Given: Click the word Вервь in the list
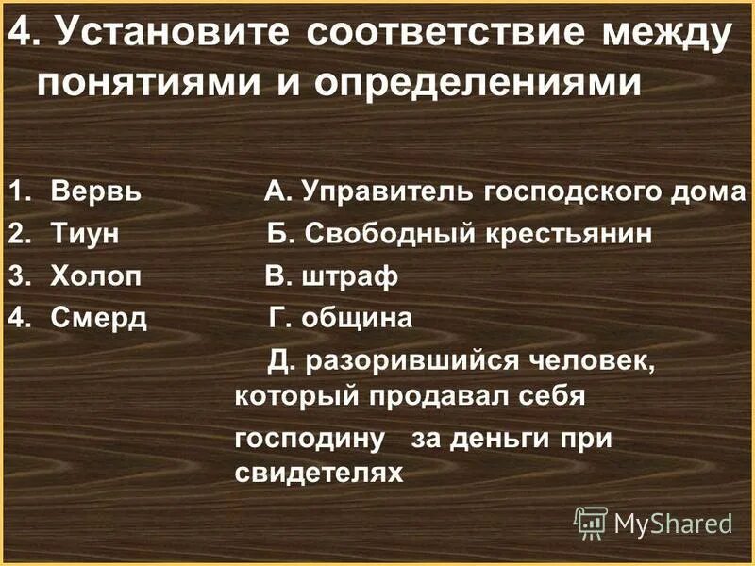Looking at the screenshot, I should pos(96,192).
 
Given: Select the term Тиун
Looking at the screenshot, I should pos(85,234).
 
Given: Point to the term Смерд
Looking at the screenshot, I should pos(100,318).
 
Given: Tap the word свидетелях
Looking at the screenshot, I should pos(318,472).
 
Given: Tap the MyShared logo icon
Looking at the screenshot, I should pos(591,521).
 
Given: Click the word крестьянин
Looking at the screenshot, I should pos(570,234).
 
